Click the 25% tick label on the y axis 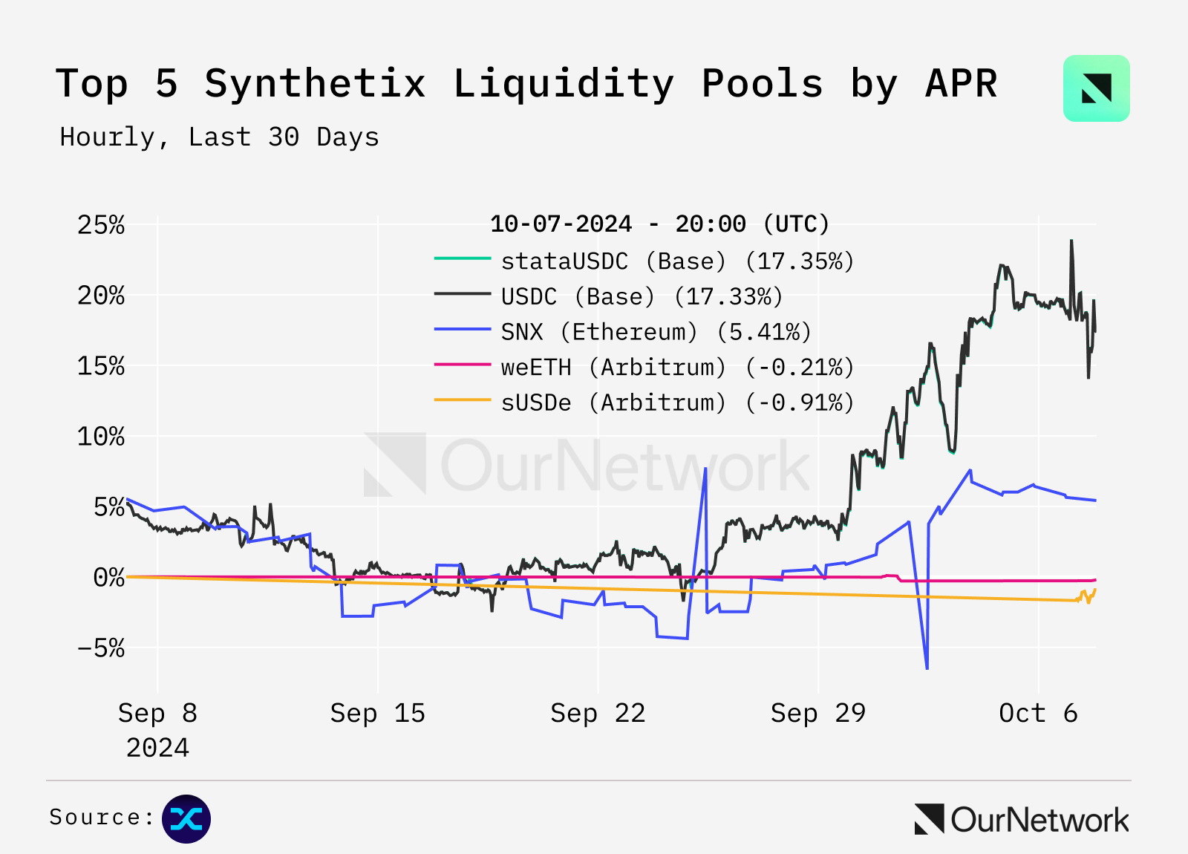(101, 225)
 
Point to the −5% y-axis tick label (101, 648)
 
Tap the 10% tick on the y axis (101, 437)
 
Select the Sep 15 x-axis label (377, 714)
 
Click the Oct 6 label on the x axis (1037, 714)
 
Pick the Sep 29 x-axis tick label (817, 714)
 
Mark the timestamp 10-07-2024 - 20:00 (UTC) (659, 224)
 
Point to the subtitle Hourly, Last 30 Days (219, 137)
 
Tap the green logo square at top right (1096, 88)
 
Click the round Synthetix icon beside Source (186, 819)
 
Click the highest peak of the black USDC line (1071, 241)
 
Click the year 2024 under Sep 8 (157, 748)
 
